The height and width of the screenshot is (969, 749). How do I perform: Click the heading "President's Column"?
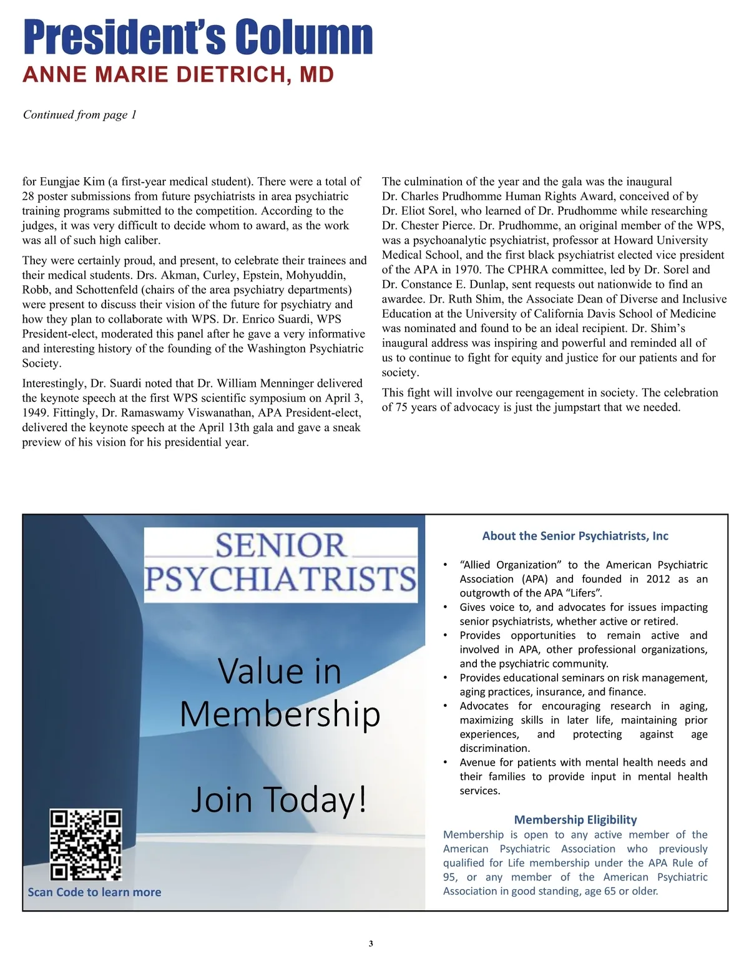point(198,37)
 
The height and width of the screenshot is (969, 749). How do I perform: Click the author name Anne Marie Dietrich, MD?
point(179,75)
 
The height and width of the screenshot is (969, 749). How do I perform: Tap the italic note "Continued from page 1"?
point(80,115)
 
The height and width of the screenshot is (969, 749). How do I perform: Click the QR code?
point(86,844)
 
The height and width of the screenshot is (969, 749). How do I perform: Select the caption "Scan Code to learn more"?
point(94,892)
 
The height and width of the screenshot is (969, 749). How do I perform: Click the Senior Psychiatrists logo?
point(281,564)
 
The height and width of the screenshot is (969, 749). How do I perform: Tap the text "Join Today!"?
point(279,799)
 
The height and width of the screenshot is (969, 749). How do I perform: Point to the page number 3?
point(371,943)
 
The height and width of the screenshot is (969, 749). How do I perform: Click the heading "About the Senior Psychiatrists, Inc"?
point(575,536)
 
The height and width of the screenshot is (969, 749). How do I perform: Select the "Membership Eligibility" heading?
point(575,820)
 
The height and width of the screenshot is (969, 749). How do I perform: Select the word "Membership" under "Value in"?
point(280,714)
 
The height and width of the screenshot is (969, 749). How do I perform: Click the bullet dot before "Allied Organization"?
point(445,565)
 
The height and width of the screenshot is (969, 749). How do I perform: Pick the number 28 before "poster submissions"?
point(29,197)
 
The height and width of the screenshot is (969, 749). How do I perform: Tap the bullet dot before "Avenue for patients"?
point(445,762)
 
